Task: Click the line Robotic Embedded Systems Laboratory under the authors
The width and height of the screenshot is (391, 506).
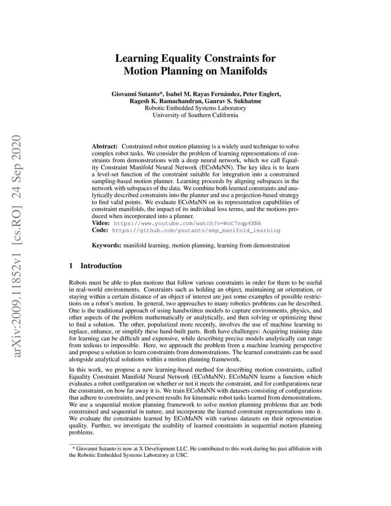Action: [x=195, y=108]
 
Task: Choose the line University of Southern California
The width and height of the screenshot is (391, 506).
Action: [x=195, y=115]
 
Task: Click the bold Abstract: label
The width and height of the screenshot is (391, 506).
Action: [x=105, y=147]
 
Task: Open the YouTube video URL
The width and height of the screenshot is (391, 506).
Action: [x=187, y=223]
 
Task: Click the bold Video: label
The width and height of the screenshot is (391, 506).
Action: [x=101, y=223]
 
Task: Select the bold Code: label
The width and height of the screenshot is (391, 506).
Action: [x=100, y=230]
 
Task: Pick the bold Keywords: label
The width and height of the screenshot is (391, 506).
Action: [x=107, y=245]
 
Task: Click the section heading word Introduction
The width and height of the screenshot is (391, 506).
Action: [x=101, y=266]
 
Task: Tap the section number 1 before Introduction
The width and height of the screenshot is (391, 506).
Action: [x=71, y=266]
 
